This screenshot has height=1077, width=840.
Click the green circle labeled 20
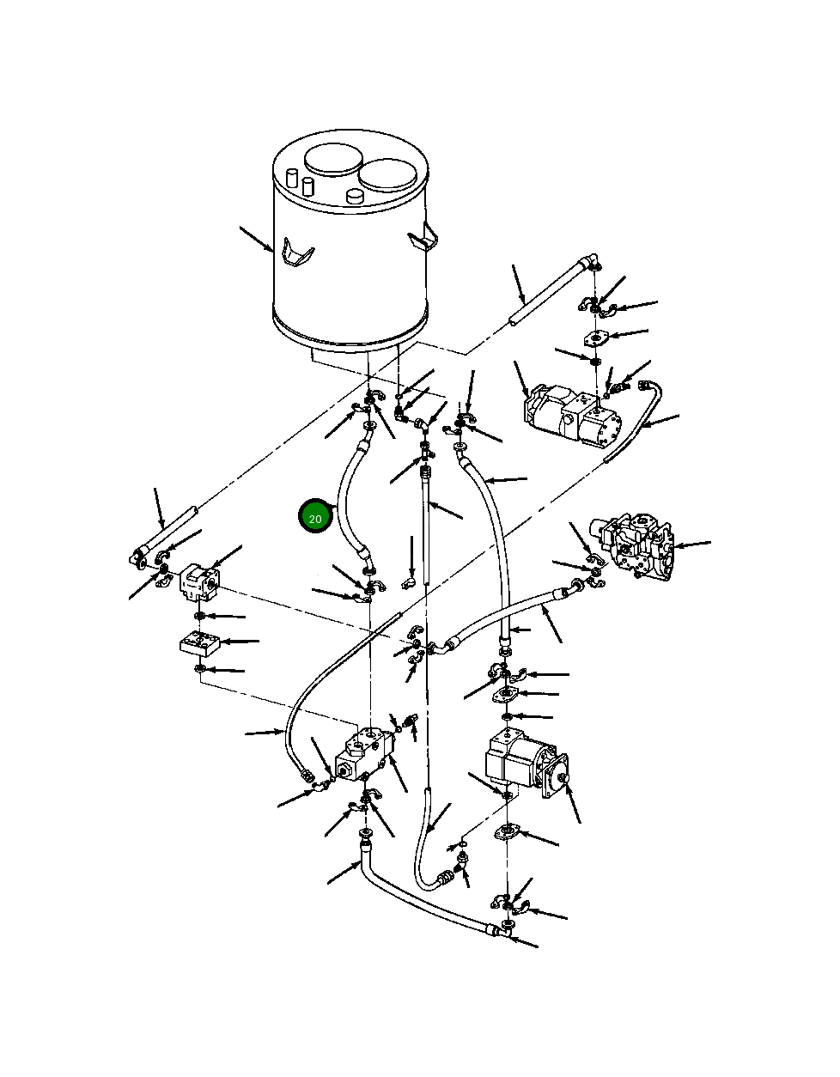click(315, 516)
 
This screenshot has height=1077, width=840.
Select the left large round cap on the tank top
click(333, 159)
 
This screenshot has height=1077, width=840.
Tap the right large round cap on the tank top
click(387, 174)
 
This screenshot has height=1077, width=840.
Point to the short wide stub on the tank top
click(355, 197)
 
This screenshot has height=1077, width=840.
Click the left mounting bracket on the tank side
click(296, 252)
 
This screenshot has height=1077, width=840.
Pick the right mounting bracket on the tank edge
click(423, 239)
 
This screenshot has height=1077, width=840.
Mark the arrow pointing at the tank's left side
click(256, 240)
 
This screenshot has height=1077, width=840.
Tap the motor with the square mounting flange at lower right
click(527, 764)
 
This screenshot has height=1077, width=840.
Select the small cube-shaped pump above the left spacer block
click(198, 581)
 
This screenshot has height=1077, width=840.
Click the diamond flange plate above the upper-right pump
click(595, 339)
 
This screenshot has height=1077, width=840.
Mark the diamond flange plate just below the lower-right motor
click(508, 831)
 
